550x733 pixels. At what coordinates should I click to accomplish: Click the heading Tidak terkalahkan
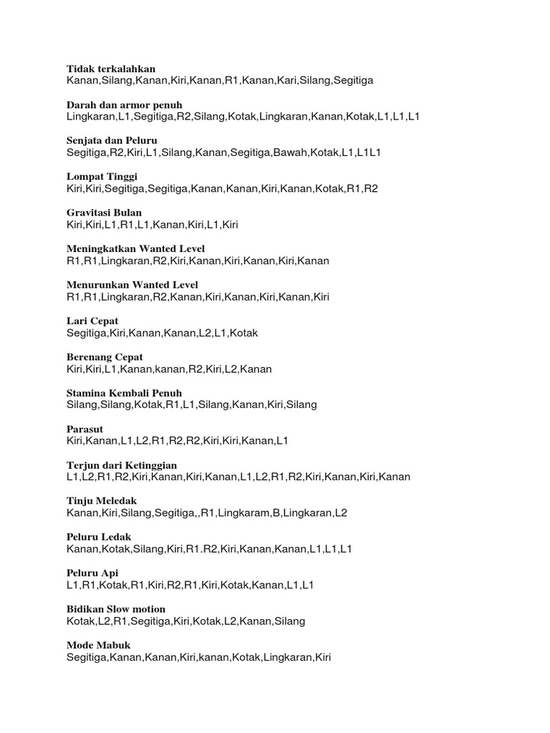[x=110, y=69]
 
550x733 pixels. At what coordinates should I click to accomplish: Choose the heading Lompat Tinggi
[x=102, y=176]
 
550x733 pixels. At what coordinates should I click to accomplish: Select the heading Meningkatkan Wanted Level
[x=132, y=248]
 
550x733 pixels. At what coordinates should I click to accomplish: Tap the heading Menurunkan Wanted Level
[x=132, y=285]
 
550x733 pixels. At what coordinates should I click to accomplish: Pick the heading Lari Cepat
[x=92, y=321]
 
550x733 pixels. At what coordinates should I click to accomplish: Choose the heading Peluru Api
[x=92, y=573]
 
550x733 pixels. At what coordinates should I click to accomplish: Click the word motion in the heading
[x=148, y=609]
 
